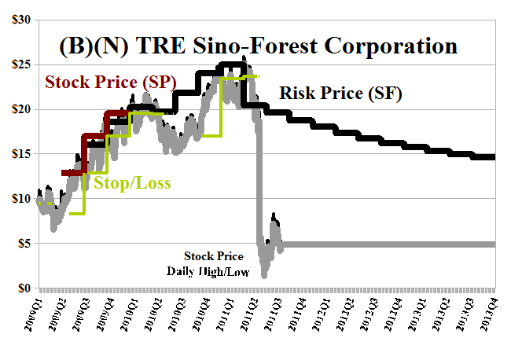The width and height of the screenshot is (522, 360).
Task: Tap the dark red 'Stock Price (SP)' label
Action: click(110, 82)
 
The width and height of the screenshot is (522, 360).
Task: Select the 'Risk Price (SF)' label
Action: click(340, 94)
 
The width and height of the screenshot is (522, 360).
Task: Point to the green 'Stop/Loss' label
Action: click(132, 184)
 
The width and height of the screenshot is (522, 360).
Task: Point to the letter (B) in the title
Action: click(73, 46)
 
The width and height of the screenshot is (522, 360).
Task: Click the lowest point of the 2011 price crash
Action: click(264, 275)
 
